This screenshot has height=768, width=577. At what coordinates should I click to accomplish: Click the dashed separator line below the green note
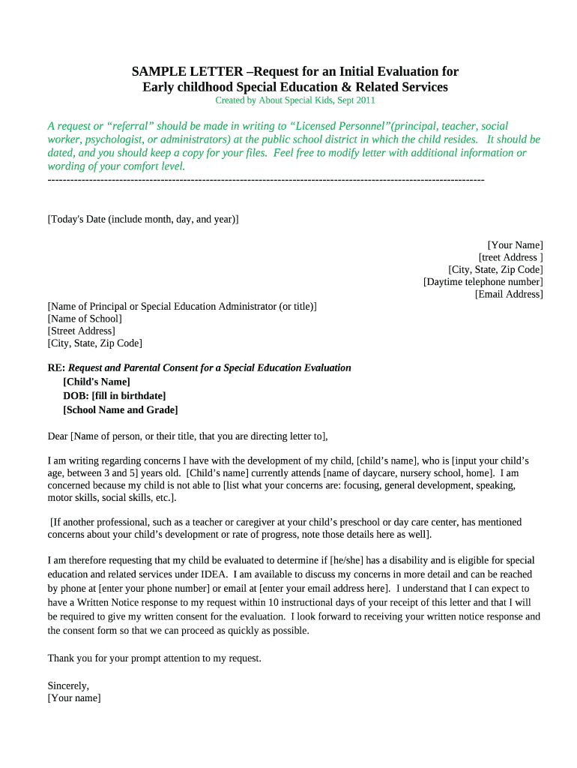266,180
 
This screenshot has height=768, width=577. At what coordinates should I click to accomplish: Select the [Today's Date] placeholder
143,219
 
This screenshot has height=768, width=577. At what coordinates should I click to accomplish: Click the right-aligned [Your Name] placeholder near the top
515,245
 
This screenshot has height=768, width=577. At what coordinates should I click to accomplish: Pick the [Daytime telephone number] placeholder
483,282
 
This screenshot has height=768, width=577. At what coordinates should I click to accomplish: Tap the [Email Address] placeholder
509,294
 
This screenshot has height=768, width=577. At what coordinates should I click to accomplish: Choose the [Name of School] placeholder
85,319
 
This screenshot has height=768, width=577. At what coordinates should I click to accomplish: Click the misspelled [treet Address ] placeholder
511,257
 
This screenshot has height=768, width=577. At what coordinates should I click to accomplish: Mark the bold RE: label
56,367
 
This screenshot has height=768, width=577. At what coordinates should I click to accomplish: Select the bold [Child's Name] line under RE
97,382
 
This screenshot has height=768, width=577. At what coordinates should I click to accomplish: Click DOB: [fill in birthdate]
115,395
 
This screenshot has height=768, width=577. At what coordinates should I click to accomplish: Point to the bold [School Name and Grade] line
121,409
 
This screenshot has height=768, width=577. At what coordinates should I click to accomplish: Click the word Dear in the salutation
58,436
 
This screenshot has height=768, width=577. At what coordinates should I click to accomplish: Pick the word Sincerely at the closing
68,685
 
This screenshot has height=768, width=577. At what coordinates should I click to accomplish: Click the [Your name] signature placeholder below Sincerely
74,697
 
